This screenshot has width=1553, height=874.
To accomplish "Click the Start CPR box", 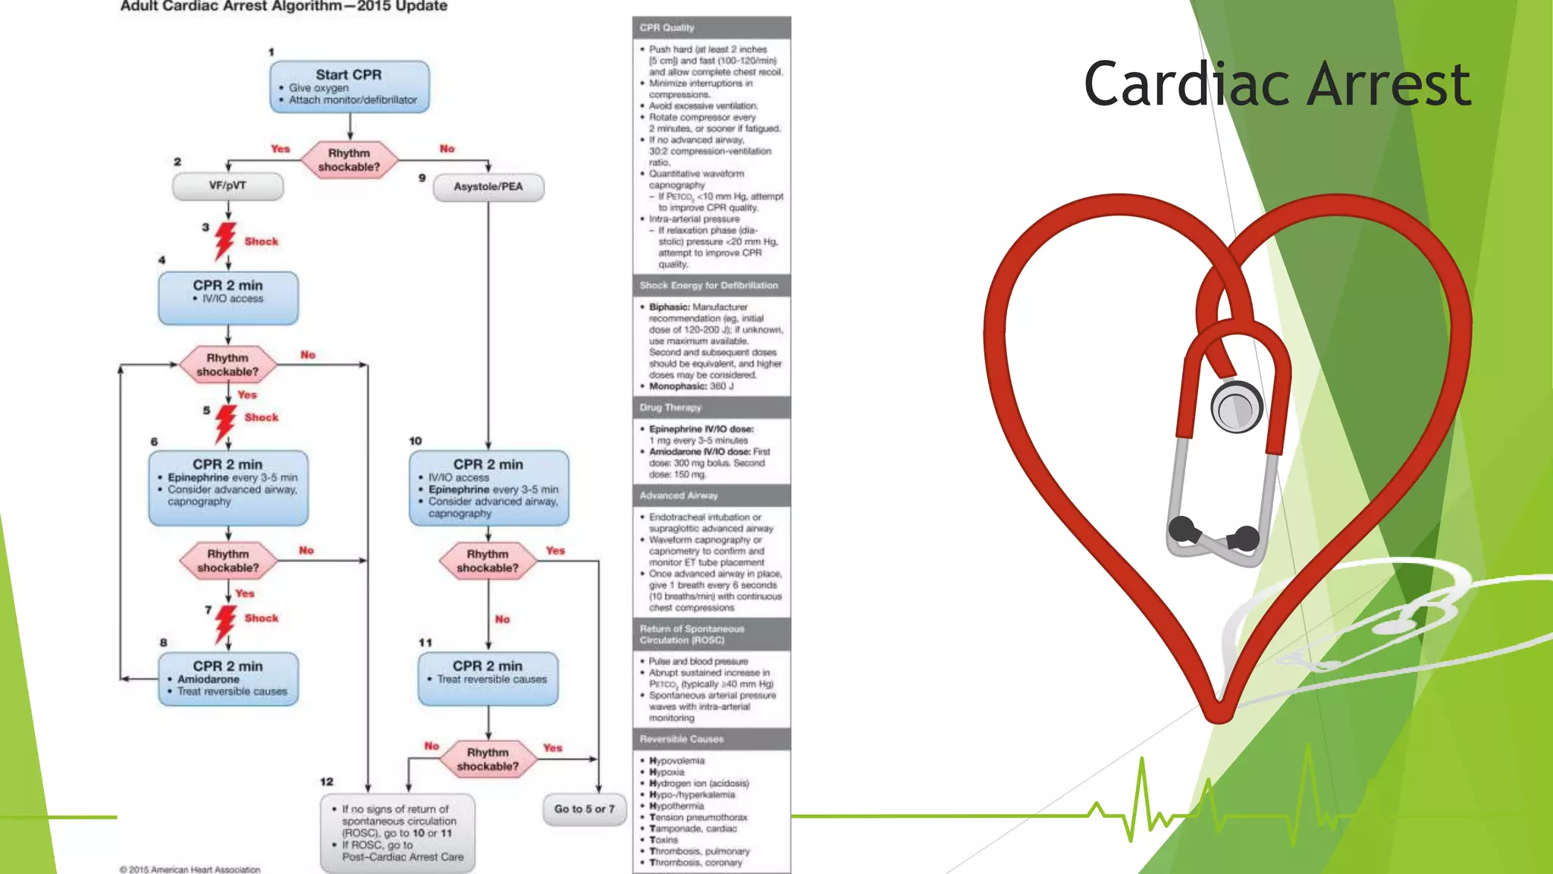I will pos(350,86).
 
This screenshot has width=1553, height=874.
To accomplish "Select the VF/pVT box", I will pos(227,186).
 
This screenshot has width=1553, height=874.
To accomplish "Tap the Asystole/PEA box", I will pos(488,187).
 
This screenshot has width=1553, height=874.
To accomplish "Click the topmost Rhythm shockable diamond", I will pos(350,160).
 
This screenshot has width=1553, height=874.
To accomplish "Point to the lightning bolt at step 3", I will pos(224,241).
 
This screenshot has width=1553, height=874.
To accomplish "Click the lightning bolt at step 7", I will pos(224,622).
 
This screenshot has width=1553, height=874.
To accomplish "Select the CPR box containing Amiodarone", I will pos(228,678).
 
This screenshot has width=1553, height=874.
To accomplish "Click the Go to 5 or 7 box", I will pos(584,809).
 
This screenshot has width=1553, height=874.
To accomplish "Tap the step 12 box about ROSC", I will pos(397,833).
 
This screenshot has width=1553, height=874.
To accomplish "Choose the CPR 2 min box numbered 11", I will pos(488,678).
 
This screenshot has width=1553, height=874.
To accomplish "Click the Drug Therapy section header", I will pos(711,407).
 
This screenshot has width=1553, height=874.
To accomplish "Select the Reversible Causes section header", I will pos(711,739).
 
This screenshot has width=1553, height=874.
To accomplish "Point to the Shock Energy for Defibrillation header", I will pos(711,285).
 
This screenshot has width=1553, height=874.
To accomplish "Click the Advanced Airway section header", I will pos(711,495).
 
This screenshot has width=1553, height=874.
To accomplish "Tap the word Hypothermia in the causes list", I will pos(676,806).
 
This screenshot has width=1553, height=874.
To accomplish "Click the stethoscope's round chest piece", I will pos(1237,407).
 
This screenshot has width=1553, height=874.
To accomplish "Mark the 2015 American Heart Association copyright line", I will pos(190,869).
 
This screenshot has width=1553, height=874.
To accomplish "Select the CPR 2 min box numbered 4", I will pos(228,297).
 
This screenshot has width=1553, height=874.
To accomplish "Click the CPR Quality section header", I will pos(711,27).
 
